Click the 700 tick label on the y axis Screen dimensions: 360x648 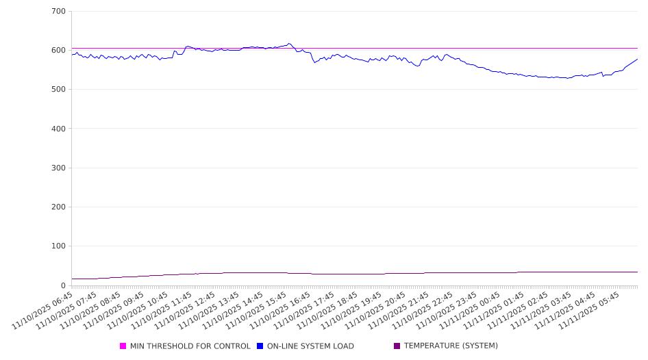point(58,12)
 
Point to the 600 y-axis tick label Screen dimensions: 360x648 point(58,51)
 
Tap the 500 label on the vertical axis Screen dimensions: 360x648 point(58,90)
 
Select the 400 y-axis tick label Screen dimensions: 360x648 point(58,129)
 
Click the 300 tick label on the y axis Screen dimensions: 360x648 point(58,168)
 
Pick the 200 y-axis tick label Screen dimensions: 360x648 point(58,207)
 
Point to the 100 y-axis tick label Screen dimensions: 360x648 point(58,246)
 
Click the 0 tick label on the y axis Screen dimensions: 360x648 point(63,285)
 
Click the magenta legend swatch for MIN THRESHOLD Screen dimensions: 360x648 point(123,346)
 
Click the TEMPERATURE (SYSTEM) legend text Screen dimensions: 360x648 point(451,346)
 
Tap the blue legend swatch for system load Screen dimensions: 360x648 point(260,346)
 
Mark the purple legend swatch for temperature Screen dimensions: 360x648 point(397,346)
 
